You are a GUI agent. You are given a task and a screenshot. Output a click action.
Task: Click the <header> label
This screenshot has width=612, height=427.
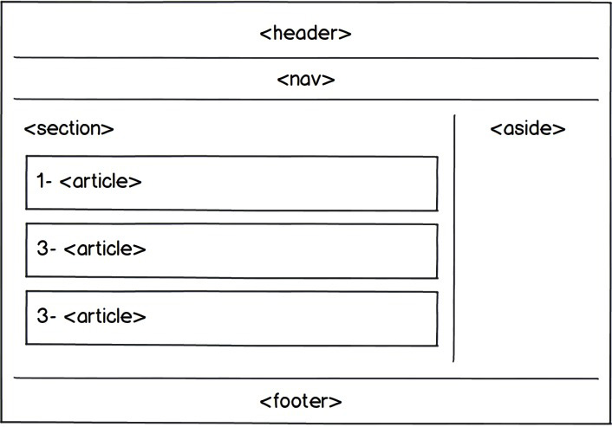(x=305, y=33)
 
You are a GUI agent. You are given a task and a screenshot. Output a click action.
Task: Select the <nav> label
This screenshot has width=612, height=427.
(x=306, y=80)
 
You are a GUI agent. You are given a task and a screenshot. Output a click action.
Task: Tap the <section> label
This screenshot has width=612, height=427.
(x=68, y=128)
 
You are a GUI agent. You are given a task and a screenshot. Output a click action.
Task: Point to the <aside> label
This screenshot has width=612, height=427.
(x=528, y=128)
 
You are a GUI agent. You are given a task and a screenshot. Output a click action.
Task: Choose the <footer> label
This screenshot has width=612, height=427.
(x=301, y=401)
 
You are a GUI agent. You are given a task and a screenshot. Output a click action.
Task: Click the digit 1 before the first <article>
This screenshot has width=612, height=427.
(x=41, y=181)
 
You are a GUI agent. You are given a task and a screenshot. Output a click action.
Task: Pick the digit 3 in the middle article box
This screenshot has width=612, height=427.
(x=42, y=249)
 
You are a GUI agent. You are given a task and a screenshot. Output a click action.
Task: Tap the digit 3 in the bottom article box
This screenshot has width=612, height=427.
(x=42, y=316)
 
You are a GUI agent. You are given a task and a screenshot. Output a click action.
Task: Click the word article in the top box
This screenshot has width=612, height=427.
(x=101, y=181)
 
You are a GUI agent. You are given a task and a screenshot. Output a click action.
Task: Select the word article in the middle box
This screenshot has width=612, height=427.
(x=105, y=249)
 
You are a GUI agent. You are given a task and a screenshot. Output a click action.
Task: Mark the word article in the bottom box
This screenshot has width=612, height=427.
(x=105, y=316)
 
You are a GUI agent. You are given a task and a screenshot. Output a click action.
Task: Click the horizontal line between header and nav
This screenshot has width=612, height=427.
(x=306, y=58)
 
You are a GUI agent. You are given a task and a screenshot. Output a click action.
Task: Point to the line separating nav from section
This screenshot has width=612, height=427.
(x=306, y=100)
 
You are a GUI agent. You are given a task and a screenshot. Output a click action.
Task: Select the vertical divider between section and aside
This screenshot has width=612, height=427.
(x=454, y=238)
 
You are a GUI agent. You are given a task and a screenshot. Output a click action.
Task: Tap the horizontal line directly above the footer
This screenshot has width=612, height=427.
(x=306, y=378)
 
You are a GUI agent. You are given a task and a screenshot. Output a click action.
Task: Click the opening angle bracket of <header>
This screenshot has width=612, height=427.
(x=265, y=34)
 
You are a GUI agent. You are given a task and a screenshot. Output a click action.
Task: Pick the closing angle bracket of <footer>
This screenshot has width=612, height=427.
(x=335, y=402)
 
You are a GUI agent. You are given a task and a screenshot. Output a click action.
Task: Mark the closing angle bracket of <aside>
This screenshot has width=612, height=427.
(x=559, y=129)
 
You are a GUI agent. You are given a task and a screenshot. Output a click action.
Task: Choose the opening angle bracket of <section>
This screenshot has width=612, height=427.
(x=29, y=129)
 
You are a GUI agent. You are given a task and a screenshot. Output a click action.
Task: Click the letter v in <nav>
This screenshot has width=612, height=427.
(x=317, y=81)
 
